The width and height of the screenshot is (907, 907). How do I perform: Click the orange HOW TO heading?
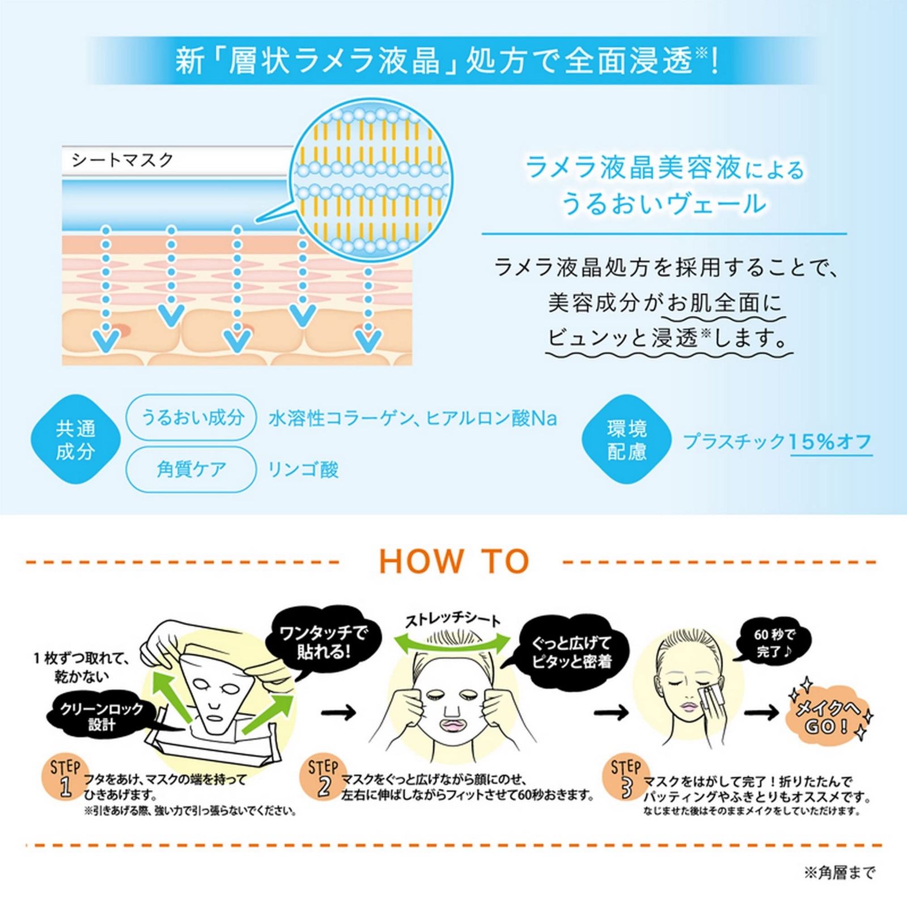[x=454, y=561]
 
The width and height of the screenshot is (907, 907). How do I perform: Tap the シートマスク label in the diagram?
[x=122, y=160]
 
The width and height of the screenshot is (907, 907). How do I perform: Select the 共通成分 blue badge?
[x=75, y=440]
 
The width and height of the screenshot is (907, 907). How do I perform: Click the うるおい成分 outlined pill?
[x=192, y=418]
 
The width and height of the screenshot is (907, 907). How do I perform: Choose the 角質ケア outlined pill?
[x=192, y=469]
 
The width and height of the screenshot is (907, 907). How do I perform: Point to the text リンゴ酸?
[x=303, y=470]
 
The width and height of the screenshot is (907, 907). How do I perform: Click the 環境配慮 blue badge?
[x=627, y=440]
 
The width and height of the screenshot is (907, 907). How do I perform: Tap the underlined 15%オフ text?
[x=830, y=442]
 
